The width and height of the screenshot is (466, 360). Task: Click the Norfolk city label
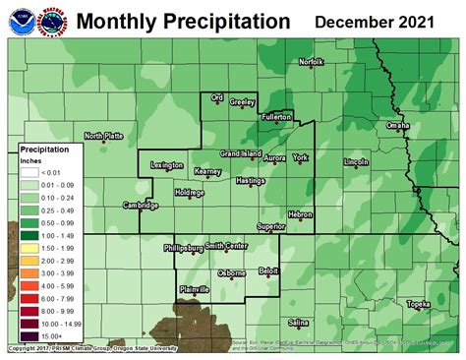(x=312, y=63)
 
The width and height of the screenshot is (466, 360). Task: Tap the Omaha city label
(x=397, y=126)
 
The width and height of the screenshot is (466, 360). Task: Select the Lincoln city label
(x=356, y=160)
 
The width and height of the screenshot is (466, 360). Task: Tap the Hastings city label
(x=251, y=181)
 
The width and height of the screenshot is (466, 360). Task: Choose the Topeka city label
(x=419, y=304)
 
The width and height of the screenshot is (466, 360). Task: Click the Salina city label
(x=299, y=322)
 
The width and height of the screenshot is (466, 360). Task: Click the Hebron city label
(x=299, y=213)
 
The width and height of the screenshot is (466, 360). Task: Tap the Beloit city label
(x=268, y=270)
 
